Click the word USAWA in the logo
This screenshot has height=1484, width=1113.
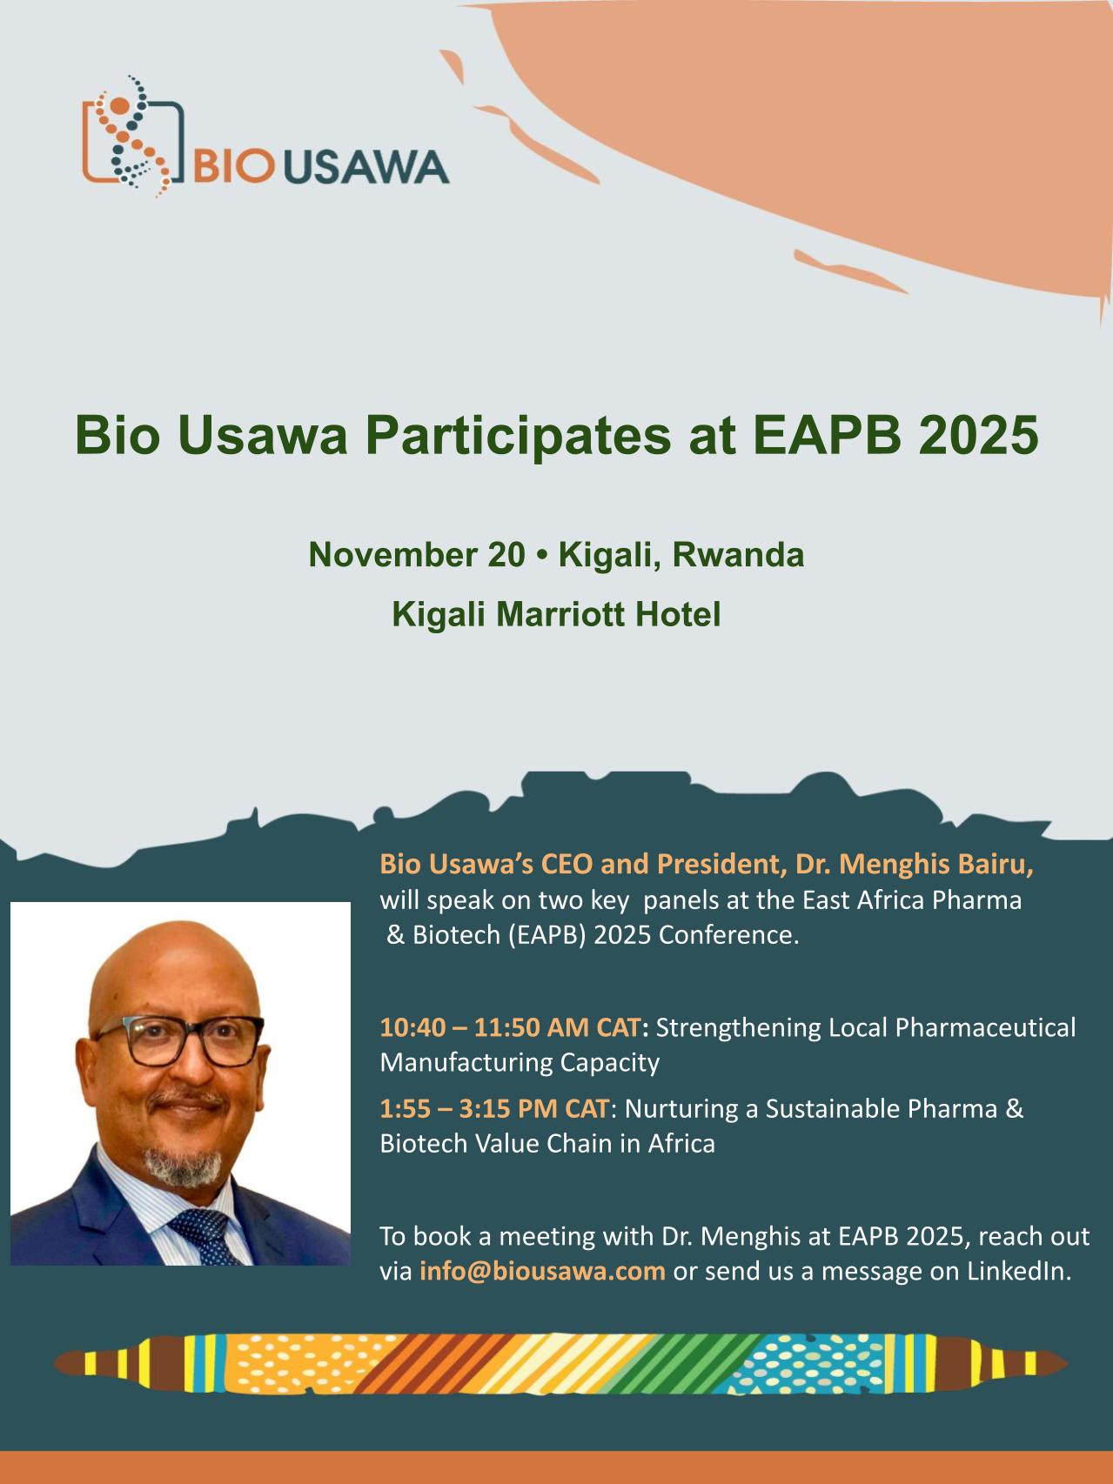[x=366, y=166]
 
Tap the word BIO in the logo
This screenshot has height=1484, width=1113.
[x=232, y=166]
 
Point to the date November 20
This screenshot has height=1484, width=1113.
[x=417, y=554]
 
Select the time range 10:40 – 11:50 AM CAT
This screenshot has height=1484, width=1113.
[x=510, y=1027]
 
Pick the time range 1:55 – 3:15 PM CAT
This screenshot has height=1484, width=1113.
[x=493, y=1109]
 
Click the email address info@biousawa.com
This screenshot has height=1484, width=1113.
[x=542, y=1271]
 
